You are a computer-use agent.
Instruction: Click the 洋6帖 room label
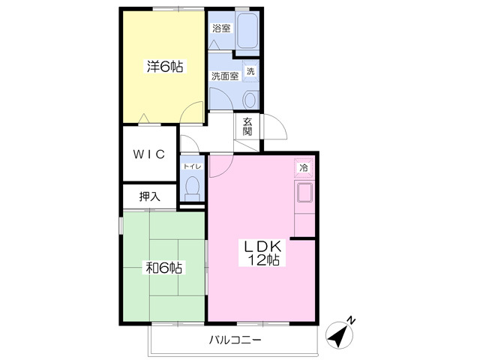[165, 67]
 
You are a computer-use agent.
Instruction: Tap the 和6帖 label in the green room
[163, 268]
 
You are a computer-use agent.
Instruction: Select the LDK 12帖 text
[262, 253]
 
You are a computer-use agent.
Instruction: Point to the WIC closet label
[149, 154]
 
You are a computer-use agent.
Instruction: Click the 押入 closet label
[150, 196]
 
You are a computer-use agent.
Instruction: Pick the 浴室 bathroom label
[221, 28]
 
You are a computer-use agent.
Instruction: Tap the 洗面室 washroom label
[225, 76]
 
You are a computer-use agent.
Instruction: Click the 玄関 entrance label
[247, 127]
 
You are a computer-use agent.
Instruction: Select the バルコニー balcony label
[235, 340]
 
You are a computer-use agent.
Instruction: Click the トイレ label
[192, 166]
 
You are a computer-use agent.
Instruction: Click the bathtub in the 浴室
[247, 31]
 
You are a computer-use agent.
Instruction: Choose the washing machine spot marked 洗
[250, 71]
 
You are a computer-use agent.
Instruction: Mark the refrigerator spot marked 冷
[304, 168]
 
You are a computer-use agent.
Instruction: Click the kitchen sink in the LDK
[304, 193]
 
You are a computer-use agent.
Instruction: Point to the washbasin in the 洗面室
[250, 100]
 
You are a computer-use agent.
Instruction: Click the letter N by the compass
[351, 320]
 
